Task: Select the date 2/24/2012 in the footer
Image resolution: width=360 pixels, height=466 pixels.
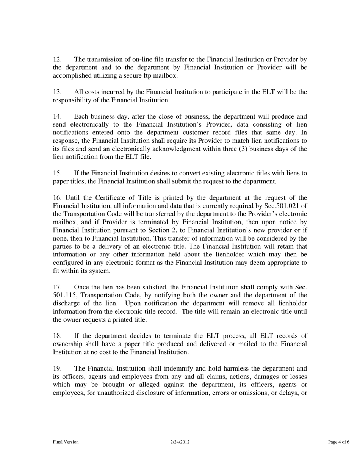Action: click(x=180, y=442)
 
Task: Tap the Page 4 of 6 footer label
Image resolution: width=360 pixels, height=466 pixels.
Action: click(x=338, y=442)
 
